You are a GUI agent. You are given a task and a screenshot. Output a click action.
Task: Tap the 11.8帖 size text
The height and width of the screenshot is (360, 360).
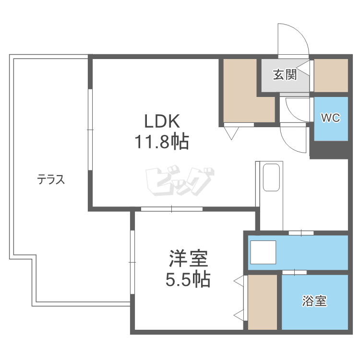[161, 142]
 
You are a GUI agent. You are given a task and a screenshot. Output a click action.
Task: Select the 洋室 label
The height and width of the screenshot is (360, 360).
[188, 259]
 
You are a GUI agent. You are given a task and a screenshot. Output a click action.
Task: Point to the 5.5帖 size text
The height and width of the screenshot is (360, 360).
[188, 279]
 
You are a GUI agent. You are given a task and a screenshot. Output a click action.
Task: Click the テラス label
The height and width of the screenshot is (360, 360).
[50, 180]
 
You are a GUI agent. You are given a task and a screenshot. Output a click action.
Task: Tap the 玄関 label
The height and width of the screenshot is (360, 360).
[284, 75]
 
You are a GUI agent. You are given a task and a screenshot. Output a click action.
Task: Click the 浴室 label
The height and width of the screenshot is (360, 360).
[314, 301]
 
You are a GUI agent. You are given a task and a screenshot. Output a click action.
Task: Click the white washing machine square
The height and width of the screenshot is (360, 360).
[263, 252]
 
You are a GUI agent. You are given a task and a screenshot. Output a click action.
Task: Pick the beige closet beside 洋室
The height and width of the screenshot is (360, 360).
[263, 302]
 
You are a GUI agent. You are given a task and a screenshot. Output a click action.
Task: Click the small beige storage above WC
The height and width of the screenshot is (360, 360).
[331, 75]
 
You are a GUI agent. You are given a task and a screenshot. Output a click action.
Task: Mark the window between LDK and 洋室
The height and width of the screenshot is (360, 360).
[171, 209]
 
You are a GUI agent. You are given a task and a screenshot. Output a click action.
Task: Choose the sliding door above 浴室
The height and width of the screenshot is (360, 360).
[294, 272]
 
